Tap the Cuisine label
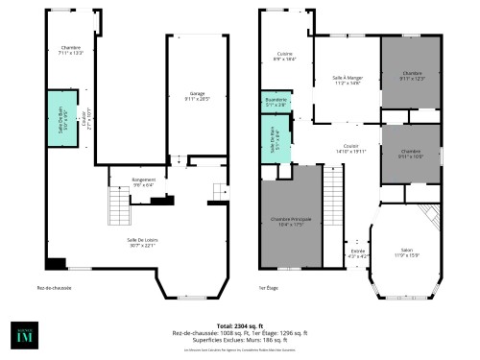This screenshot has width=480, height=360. (284, 56)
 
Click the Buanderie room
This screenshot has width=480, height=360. (276, 101)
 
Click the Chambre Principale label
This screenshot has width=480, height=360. (291, 221)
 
